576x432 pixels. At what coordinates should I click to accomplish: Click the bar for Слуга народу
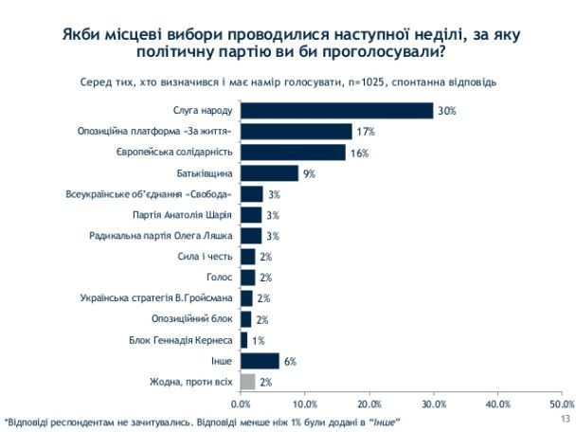336,111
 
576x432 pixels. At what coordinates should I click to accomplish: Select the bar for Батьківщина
269,172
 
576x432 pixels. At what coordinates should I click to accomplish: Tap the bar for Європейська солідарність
293,152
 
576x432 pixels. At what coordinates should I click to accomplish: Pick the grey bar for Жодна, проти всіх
247,382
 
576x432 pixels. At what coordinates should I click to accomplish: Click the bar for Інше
260,361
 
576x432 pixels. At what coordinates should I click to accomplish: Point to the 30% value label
447,111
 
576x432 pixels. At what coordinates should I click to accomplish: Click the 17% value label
365,132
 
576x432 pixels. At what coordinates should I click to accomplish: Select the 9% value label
309,173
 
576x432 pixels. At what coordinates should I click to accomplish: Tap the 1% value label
258,340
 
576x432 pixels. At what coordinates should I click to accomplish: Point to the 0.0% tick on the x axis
241,405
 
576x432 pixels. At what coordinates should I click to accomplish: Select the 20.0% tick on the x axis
369,405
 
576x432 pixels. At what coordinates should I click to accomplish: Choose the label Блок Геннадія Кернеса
188,340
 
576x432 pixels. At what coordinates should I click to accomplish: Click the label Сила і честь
207,256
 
